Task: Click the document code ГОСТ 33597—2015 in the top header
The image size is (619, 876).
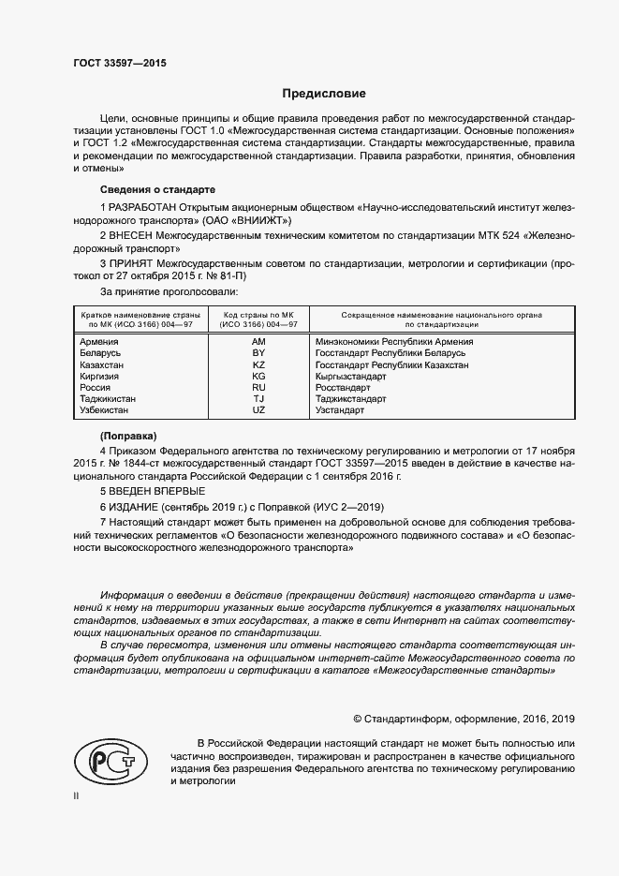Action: [x=118, y=64]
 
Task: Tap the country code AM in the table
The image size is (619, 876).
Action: [x=259, y=342]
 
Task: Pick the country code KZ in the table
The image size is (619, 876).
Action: [x=259, y=364]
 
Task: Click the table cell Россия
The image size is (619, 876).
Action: [x=96, y=387]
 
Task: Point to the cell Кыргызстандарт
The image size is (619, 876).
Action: [x=358, y=376]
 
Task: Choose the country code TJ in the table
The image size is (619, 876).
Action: [x=259, y=399]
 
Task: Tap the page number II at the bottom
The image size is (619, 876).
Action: [x=76, y=795]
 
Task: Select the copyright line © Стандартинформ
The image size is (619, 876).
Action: [x=464, y=719]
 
